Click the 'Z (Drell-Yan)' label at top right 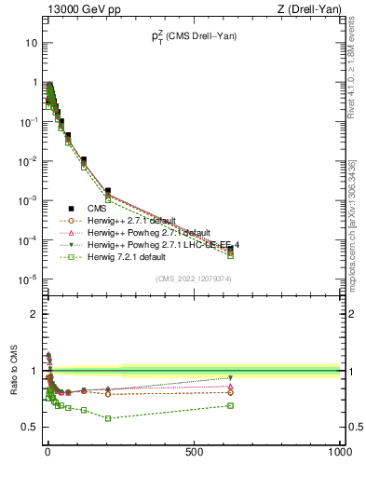[309, 10]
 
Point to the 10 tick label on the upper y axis [32, 43]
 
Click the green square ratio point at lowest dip [108, 418]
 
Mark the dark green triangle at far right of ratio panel [230, 377]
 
